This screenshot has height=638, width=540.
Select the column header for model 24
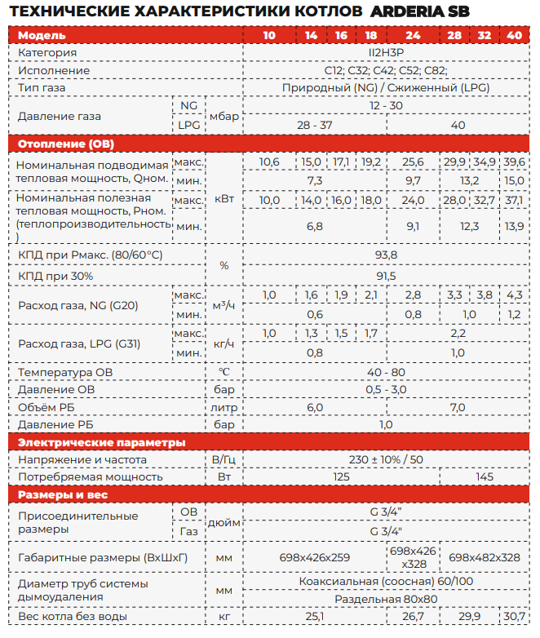pos(412,36)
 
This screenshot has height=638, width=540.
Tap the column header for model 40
pos(514,36)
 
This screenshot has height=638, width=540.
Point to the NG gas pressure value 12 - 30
pos(385,106)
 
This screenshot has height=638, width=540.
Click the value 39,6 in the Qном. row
pos(514,162)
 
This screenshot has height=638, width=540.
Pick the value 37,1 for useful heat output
pos(514,200)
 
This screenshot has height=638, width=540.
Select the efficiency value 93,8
pos(386,256)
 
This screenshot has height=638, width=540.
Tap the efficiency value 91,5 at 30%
pos(386,277)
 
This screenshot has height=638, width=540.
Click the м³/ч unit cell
pos(224,304)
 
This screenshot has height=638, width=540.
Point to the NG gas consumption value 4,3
pos(514,295)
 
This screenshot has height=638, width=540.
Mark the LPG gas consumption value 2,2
pos(457,334)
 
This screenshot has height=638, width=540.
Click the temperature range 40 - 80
pos(386,372)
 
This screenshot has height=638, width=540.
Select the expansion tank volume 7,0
pos(457,407)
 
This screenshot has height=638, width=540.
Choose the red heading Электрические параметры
pos(102,442)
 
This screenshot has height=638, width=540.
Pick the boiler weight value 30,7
pos(514,617)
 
